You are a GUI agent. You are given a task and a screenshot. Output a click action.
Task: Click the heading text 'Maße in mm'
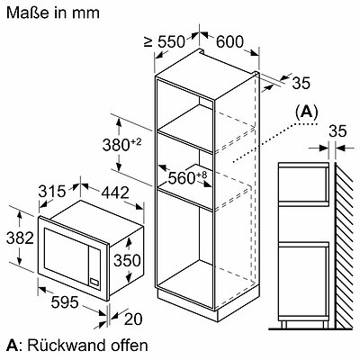coord(53,13)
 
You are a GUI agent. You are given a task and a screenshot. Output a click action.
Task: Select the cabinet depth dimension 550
coord(172,41)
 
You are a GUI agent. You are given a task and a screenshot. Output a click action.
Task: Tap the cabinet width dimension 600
coord(229,41)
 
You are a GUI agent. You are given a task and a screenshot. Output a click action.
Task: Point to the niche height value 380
coord(116,145)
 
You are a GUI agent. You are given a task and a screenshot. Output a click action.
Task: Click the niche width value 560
coord(182,178)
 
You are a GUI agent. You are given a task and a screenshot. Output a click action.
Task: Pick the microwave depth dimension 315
coord(51,192)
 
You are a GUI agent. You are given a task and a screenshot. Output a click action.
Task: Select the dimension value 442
coord(115,193)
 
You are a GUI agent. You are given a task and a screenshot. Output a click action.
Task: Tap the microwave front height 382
coord(20,238)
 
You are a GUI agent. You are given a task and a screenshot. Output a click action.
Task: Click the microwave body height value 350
coord(127,260)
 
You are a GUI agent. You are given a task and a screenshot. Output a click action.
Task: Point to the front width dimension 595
coord(65,301)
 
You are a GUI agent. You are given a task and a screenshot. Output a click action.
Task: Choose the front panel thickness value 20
coord(133,319)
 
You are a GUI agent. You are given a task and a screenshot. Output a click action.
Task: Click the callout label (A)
coord(306,112)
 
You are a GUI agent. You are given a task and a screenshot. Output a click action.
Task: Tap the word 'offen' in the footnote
coord(130,346)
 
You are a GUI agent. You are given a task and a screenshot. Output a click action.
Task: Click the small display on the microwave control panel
coord(94,282)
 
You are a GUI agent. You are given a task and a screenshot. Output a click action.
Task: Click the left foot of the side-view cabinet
coord(284,324)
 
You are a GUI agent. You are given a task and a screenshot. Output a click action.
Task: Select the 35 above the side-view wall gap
coord(337,131)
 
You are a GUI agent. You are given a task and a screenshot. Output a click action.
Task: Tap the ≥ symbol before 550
coord(148,42)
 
